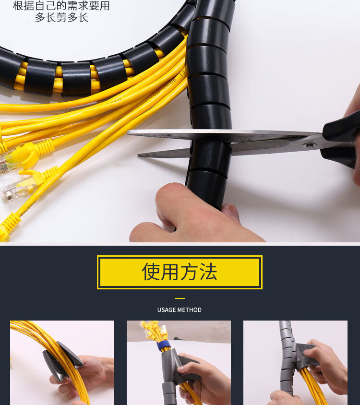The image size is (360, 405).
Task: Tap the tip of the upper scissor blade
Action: click(x=128, y=132)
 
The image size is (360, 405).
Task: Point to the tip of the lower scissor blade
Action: click(x=138, y=155)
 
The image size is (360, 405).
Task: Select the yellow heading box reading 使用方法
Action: click(x=180, y=272)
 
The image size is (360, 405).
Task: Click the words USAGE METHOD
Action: click(x=180, y=310)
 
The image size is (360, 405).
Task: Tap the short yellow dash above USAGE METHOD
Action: click(x=180, y=298)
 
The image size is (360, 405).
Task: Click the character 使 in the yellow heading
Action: click(x=151, y=272)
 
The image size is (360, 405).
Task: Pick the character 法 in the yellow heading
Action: click(x=208, y=272)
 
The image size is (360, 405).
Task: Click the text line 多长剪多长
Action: click(x=61, y=17)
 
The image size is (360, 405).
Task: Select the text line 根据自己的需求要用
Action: click(x=61, y=6)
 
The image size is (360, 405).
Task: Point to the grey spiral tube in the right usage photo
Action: click(x=287, y=359)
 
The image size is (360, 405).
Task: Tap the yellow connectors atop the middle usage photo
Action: click(x=154, y=331)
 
